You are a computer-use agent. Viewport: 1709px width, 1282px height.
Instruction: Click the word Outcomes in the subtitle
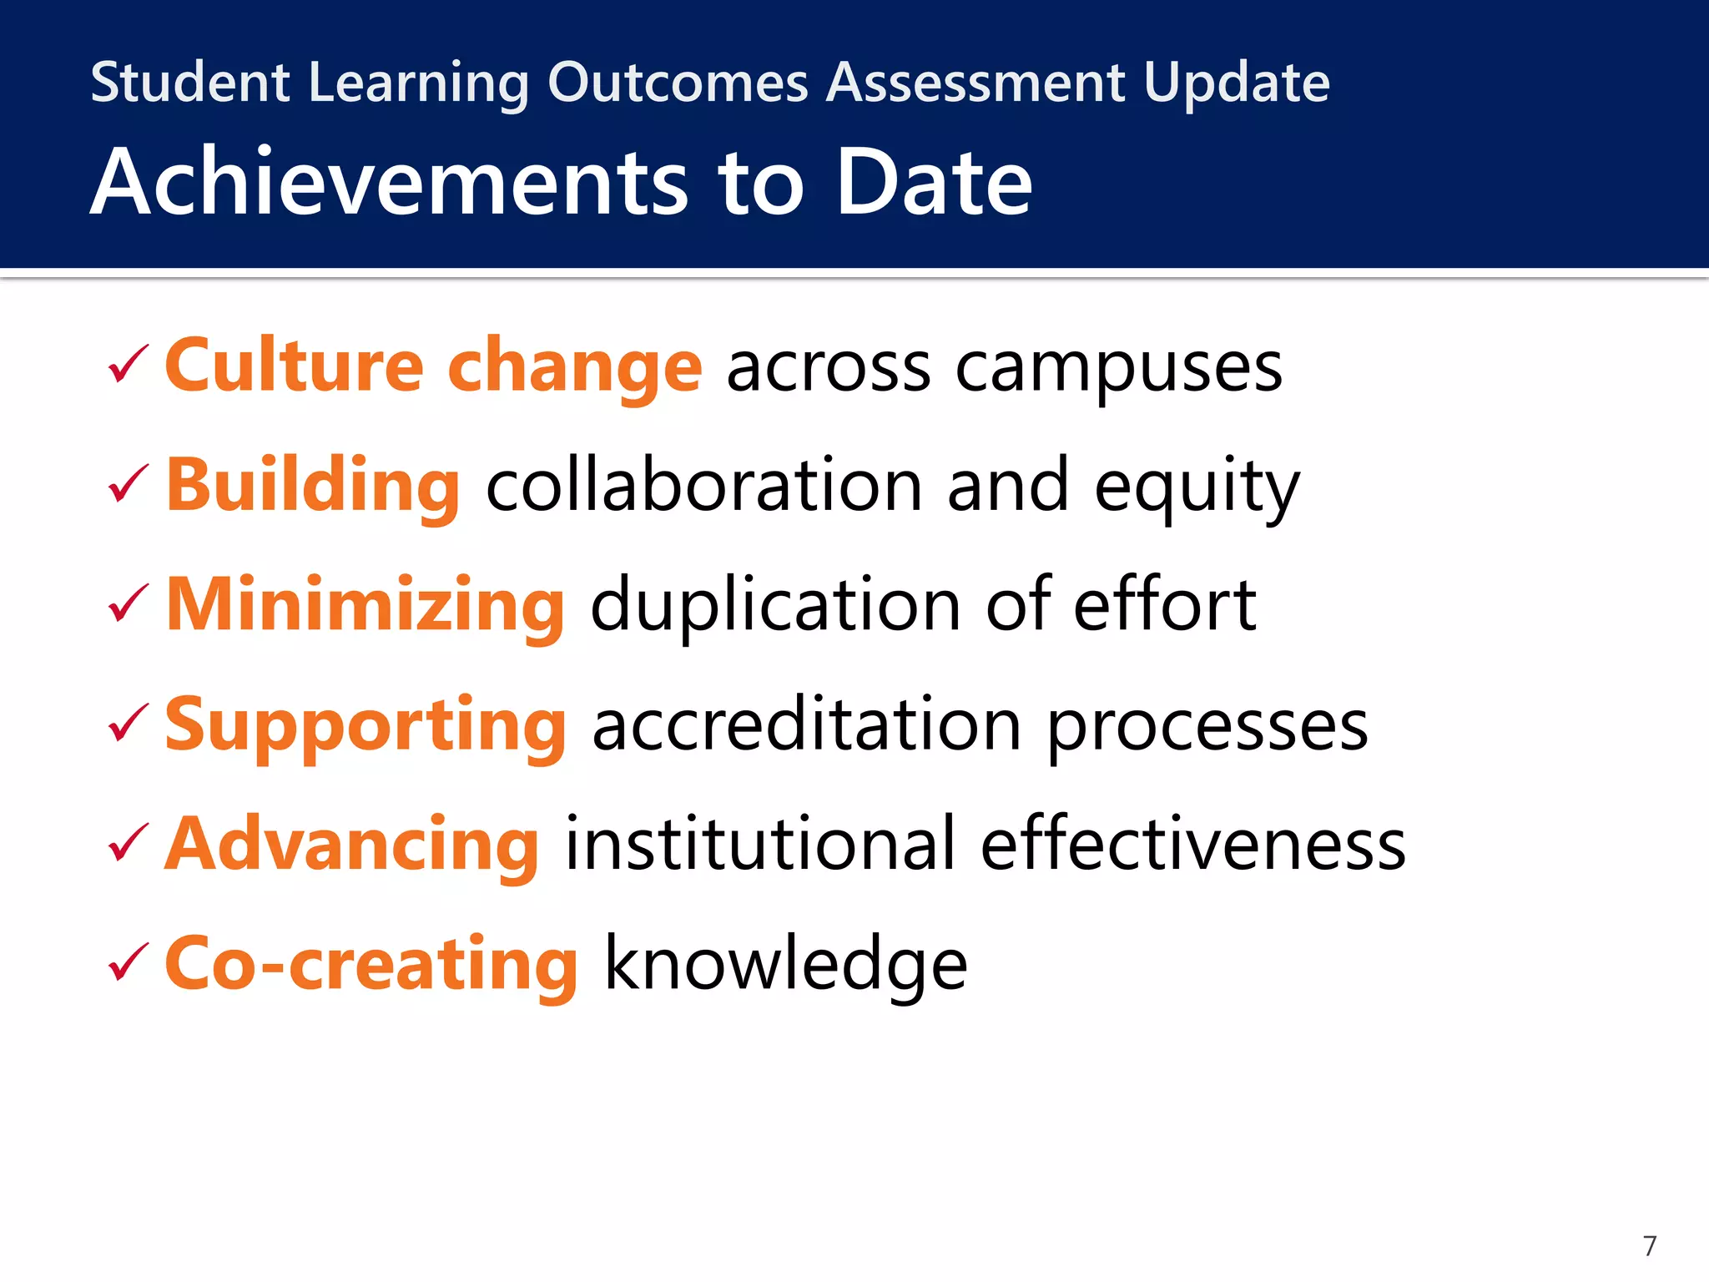click(678, 83)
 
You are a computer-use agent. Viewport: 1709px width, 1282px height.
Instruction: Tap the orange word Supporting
click(365, 724)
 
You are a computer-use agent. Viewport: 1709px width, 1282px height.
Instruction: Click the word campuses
click(1118, 369)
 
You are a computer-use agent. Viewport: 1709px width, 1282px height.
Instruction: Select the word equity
click(1197, 488)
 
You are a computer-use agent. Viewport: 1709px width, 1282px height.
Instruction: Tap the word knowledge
click(784, 965)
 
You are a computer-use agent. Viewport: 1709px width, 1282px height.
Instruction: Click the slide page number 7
click(1649, 1246)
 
